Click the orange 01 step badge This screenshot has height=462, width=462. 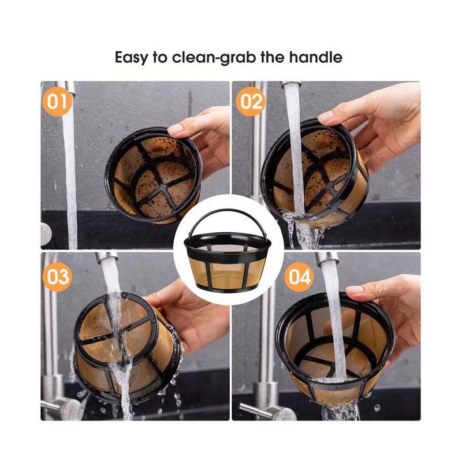[x=57, y=102]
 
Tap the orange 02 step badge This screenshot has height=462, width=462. [x=251, y=102]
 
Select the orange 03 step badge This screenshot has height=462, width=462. [x=57, y=277]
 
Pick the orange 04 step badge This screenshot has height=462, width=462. [x=299, y=277]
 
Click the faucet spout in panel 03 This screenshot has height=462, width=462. [x=106, y=256]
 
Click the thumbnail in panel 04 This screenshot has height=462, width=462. [x=355, y=289]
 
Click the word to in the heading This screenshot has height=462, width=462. [x=160, y=57]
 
